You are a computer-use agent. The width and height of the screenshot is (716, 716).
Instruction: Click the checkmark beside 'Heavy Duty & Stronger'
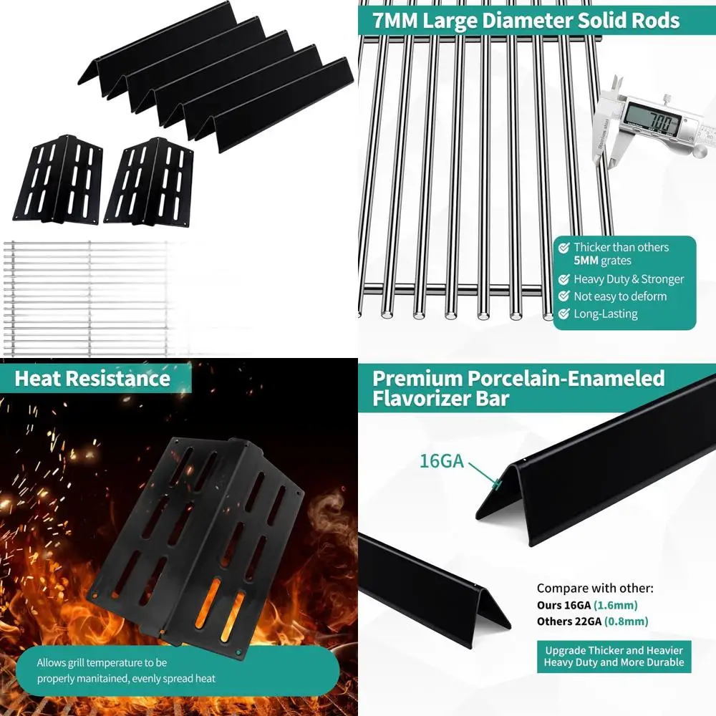(564, 279)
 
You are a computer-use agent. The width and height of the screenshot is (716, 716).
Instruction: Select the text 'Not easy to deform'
(620, 296)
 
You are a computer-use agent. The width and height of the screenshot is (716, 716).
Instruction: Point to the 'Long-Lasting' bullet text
(606, 314)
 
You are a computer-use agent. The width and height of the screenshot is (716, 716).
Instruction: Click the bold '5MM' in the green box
(586, 261)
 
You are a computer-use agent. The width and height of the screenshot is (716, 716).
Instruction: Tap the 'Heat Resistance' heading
(92, 378)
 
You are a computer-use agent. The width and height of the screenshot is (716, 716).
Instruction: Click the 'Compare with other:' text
(595, 589)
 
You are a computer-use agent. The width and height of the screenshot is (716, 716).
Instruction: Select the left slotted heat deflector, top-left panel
(58, 179)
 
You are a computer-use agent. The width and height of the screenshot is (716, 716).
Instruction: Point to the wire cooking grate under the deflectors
(86, 297)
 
